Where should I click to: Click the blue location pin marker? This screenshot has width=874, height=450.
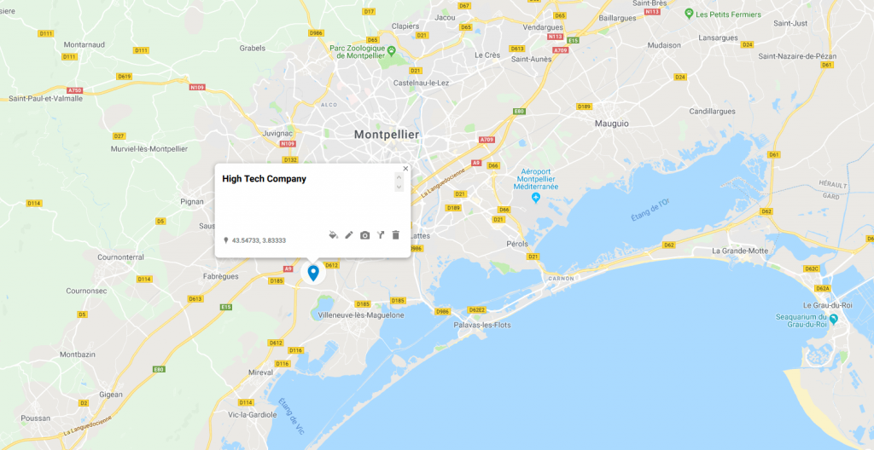[x=313, y=273]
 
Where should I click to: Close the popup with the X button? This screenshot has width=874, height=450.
[x=405, y=169]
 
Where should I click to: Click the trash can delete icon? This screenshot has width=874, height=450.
[x=396, y=234]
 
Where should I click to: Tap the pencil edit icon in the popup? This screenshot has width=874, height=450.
[x=349, y=234]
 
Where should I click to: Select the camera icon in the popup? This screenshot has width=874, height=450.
[x=365, y=234]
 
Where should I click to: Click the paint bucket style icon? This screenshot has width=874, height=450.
[x=334, y=234]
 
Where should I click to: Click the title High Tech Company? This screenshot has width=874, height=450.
[x=264, y=179]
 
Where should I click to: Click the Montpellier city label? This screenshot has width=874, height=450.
[x=387, y=135]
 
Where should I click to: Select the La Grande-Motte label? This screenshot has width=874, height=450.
[x=740, y=251]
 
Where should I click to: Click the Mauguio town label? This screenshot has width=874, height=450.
[x=611, y=124]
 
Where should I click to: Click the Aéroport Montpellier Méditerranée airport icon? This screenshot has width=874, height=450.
[x=536, y=199]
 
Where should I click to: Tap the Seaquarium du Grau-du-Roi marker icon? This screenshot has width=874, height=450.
[x=834, y=319]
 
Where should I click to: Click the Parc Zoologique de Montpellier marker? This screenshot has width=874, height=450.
[x=391, y=50]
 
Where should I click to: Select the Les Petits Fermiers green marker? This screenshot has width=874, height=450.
[x=688, y=14]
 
